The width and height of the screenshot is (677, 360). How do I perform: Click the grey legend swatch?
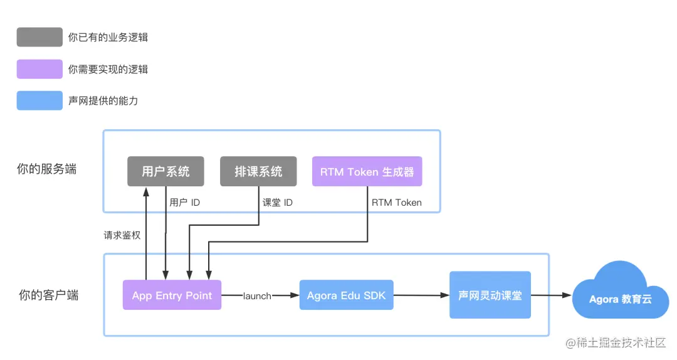click(39, 37)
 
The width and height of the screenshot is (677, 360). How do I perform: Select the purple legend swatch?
click(39, 69)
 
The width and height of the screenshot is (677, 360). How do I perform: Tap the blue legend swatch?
click(39, 100)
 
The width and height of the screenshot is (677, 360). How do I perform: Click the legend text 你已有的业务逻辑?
click(108, 38)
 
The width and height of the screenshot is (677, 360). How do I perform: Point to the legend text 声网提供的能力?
click(103, 101)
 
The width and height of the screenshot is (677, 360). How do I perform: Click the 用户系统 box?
click(165, 171)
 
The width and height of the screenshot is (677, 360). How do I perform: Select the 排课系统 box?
click(258, 171)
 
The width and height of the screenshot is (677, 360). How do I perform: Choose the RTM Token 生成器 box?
click(367, 172)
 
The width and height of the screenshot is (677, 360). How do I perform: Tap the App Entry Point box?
click(172, 295)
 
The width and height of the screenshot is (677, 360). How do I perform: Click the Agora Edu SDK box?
click(346, 295)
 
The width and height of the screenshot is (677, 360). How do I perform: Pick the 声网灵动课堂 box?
click(490, 295)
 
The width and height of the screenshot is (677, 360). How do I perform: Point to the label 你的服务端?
click(47, 169)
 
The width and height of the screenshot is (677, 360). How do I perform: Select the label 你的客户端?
click(48, 295)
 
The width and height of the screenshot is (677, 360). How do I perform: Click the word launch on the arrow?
click(257, 296)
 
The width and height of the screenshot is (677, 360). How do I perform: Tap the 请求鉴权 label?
click(122, 236)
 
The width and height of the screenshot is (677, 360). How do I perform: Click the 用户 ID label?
click(185, 203)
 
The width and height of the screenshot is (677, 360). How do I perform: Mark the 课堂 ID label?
click(277, 203)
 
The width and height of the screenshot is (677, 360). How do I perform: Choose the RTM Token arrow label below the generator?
click(396, 203)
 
